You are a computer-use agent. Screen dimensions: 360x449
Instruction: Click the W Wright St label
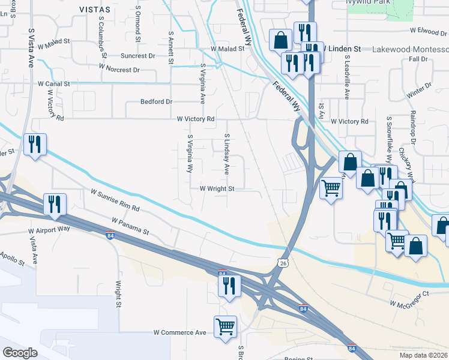pyautogui.click(x=217, y=188)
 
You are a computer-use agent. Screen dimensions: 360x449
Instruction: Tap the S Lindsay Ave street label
pyautogui.click(x=227, y=154)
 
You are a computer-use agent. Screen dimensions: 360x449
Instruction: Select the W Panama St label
pyautogui.click(x=130, y=226)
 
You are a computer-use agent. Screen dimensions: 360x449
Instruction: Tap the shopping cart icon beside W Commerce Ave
pyautogui.click(x=225, y=327)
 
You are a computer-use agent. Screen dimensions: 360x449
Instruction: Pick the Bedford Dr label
pyautogui.click(x=156, y=102)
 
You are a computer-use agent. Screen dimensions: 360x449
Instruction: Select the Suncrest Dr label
pyautogui.click(x=137, y=56)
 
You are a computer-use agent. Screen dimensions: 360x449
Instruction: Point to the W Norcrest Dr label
pyautogui.click(x=119, y=68)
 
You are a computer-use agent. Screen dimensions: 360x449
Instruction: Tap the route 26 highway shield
pyautogui.click(x=283, y=263)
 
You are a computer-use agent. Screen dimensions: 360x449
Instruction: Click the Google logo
pyautogui.click(x=20, y=353)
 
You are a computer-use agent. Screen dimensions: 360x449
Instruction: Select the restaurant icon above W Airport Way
pyautogui.click(x=55, y=204)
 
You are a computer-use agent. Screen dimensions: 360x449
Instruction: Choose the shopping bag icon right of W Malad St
pyautogui.click(x=280, y=40)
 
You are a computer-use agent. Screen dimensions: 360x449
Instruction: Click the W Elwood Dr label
pyautogui.click(x=429, y=29)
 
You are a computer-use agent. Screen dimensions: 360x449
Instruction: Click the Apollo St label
pyautogui.click(x=13, y=259)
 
